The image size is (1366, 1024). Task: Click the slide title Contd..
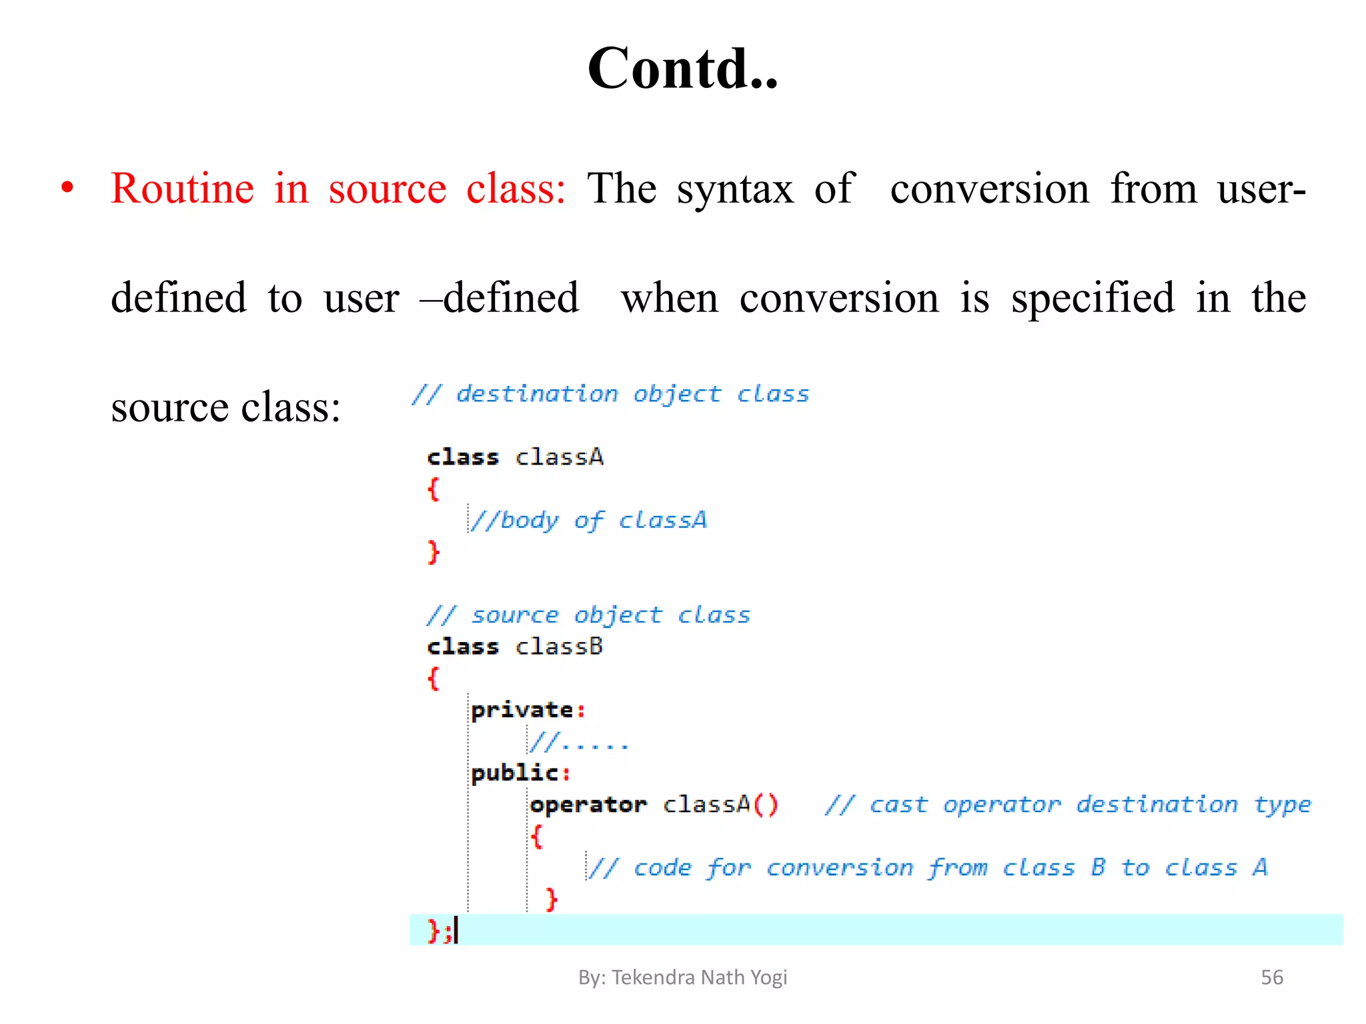click(x=682, y=69)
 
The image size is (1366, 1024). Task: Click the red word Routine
click(x=182, y=189)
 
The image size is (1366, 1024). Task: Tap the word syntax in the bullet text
click(x=735, y=189)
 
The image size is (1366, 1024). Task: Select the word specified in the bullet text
click(x=1092, y=298)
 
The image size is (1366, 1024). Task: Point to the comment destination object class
click(x=610, y=394)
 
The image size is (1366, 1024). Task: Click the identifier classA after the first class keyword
click(x=560, y=457)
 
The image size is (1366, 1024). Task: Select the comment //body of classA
click(x=588, y=520)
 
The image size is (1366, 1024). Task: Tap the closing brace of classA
click(x=434, y=552)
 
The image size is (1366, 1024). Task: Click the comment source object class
click(x=589, y=615)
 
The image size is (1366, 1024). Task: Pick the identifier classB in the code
click(x=560, y=647)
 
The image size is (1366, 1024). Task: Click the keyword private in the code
click(x=522, y=710)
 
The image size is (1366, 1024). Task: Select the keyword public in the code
click(x=514, y=773)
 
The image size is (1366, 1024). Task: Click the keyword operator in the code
click(x=588, y=805)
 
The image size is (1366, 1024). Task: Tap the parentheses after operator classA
click(x=766, y=805)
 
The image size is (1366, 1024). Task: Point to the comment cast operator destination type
click(x=1067, y=805)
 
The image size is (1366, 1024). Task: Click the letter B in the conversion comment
click(x=1098, y=867)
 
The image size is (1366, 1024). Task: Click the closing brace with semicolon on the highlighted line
click(x=440, y=930)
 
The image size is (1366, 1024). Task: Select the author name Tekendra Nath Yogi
click(x=699, y=977)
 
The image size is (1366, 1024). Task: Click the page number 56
click(x=1271, y=977)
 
